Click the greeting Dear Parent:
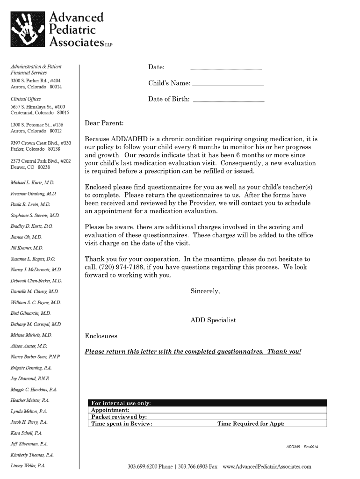104,123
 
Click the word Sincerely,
205,291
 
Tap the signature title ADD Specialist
213,320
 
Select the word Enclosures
101,336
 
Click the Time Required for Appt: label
251,424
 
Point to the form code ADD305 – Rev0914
302,447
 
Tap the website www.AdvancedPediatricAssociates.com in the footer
267,466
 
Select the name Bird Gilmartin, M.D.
30,313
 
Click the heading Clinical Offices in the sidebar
26,99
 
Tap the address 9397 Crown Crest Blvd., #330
41,143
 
